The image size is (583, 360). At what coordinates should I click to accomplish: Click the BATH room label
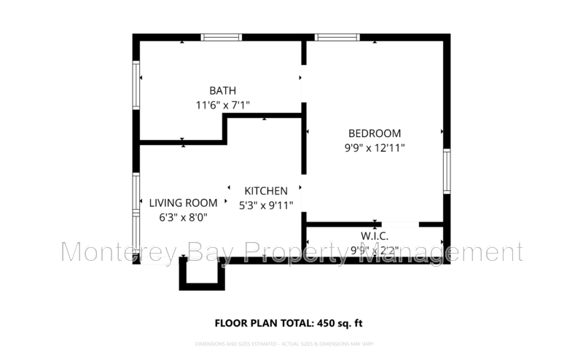pos(222,91)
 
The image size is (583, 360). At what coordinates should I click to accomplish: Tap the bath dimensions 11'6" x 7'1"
pos(222,105)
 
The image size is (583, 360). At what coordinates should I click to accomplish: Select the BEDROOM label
pos(375,133)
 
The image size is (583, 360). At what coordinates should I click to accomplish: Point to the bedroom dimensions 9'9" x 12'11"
pos(375,147)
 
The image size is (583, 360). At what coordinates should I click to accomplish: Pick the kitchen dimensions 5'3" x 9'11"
pos(266,205)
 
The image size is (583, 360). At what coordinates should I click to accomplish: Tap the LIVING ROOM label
pos(183,203)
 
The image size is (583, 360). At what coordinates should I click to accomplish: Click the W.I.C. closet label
pos(374,236)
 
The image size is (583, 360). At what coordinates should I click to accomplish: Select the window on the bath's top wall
pos(222,37)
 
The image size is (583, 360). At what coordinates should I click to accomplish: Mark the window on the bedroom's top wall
pos(337,37)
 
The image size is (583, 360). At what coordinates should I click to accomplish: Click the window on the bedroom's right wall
pos(447,171)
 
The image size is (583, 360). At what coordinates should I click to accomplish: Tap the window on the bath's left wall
pos(136,85)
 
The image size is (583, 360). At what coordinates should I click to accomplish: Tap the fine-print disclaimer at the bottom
pos(291,343)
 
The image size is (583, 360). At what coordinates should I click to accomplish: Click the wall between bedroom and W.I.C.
pos(343,224)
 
